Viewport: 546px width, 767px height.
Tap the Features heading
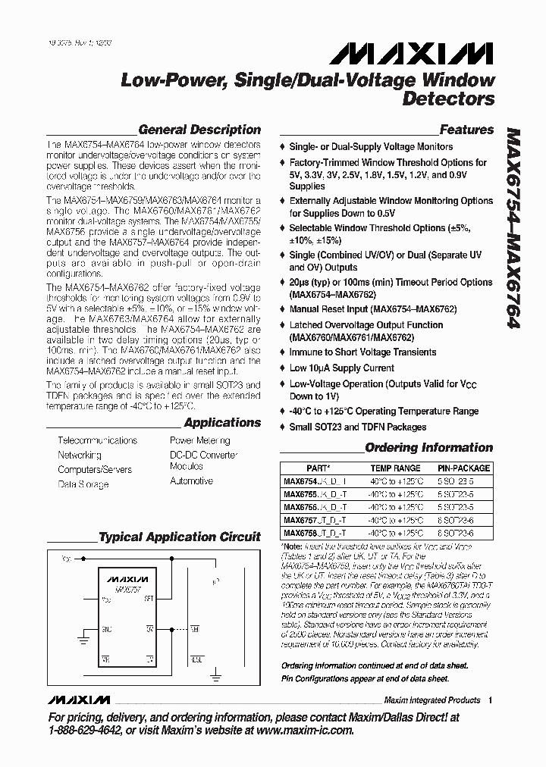(x=466, y=130)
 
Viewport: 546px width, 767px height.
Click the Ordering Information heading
(x=428, y=448)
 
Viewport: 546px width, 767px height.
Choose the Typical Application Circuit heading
(x=180, y=537)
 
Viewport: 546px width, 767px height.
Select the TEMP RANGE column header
(x=394, y=468)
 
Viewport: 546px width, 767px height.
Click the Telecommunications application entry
(x=97, y=440)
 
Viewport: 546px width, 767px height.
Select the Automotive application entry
(x=191, y=481)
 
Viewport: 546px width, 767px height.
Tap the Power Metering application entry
(x=199, y=440)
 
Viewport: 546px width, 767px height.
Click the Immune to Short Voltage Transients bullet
(x=362, y=352)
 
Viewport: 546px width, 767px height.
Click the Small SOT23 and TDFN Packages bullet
(x=357, y=427)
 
